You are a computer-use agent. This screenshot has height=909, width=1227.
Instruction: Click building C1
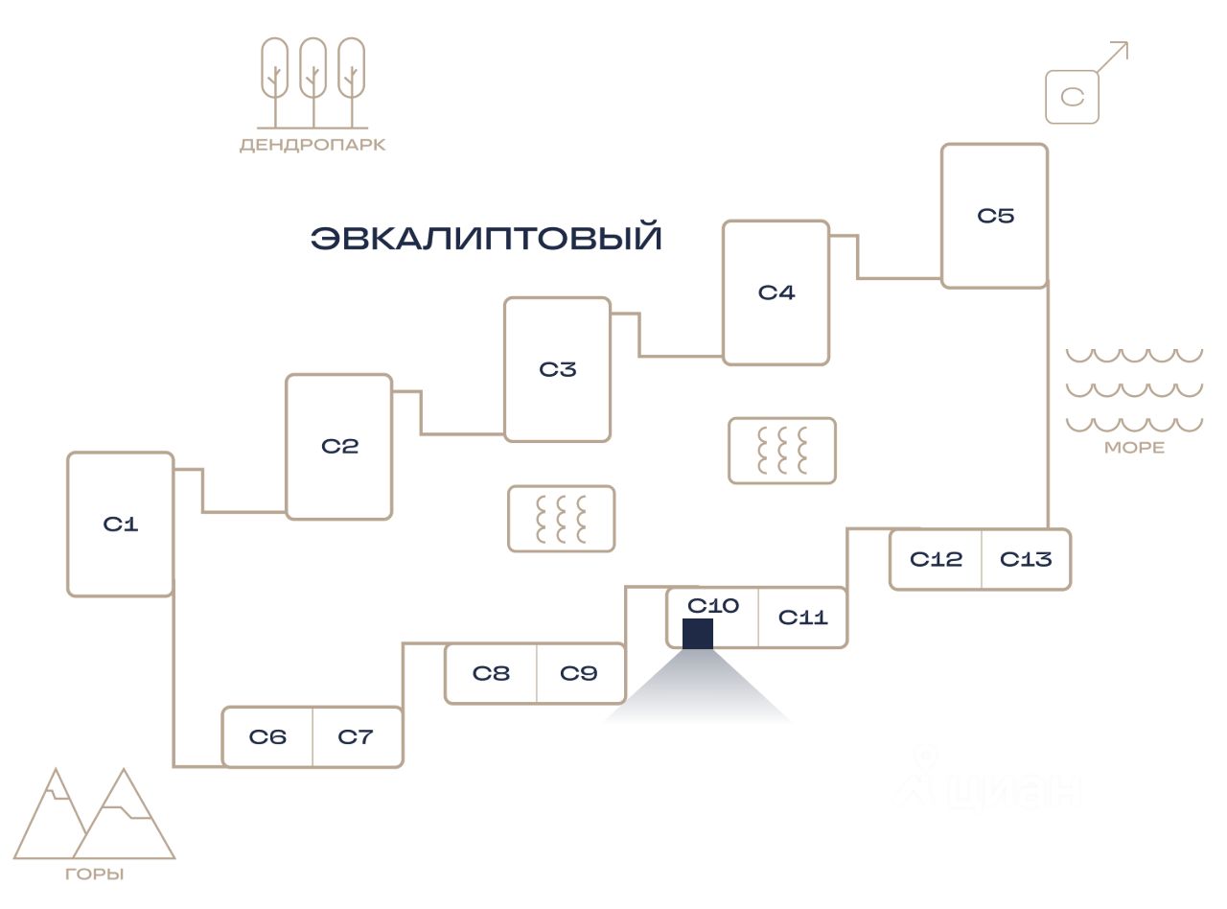tap(120, 524)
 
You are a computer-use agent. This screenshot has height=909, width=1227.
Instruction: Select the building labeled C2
tap(339, 447)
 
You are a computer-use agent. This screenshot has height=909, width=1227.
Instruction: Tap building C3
tap(557, 369)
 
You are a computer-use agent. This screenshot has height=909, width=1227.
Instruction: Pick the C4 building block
tap(776, 292)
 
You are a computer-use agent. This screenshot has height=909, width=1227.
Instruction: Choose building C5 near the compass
tap(994, 216)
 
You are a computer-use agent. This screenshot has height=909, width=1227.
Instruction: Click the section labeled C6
tap(267, 737)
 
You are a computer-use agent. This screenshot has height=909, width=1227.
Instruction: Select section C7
tap(356, 737)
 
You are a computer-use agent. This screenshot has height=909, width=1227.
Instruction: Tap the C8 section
tap(491, 673)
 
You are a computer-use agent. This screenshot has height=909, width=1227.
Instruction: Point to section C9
tap(579, 673)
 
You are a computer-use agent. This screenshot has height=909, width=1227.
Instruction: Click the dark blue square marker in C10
tap(698, 634)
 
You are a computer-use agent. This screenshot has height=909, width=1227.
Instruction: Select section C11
tap(802, 618)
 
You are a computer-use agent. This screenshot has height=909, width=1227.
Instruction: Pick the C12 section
tap(936, 559)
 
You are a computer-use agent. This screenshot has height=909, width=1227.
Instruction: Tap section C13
tap(1026, 559)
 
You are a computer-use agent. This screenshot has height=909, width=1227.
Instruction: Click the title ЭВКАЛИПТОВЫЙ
tap(486, 238)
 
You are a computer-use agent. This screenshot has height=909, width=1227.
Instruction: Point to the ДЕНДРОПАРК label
tap(313, 146)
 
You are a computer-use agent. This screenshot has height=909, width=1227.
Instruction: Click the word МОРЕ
tap(1134, 448)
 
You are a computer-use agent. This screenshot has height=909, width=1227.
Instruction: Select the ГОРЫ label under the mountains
tap(95, 874)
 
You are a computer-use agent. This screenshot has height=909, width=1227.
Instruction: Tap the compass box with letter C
tap(1072, 97)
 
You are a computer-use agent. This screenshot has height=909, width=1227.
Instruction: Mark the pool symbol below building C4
tap(782, 451)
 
